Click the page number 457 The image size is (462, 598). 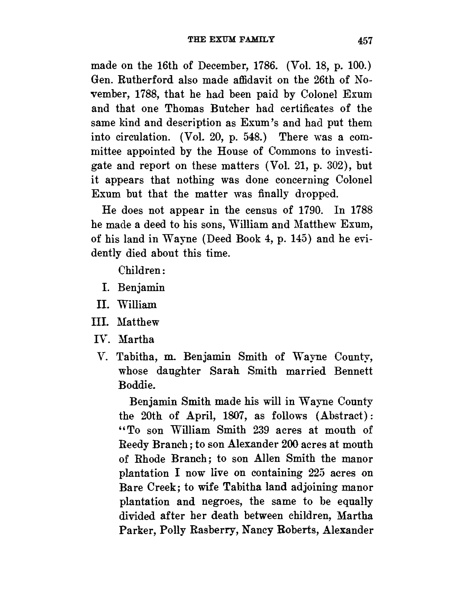tap(365, 40)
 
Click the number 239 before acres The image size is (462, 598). tap(262, 430)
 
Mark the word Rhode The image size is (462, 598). tap(149, 459)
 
